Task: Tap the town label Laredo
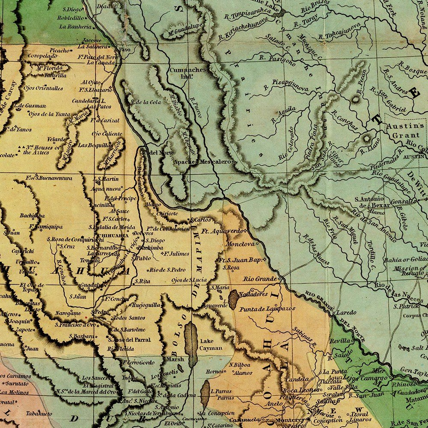click(x=346, y=313)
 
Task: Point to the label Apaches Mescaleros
click(x=204, y=162)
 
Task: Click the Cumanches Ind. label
click(x=187, y=73)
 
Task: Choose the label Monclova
click(x=240, y=244)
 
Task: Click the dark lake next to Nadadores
click(x=234, y=300)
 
